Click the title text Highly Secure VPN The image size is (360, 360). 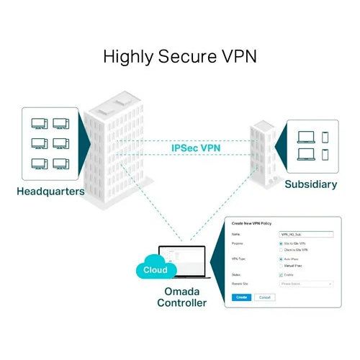180,56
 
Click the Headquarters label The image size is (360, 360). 51,192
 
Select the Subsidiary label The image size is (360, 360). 310,184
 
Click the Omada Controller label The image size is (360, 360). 181,296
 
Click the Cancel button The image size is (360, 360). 264,297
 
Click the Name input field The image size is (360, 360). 305,234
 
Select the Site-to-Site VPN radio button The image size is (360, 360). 280,244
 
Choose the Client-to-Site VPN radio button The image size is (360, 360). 280,250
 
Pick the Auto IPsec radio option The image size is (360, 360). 280,258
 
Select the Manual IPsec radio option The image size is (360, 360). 280,265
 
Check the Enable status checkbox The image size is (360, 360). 280,274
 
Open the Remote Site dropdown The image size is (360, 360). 305,284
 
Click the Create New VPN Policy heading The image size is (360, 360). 252,225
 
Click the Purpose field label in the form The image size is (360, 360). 238,244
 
